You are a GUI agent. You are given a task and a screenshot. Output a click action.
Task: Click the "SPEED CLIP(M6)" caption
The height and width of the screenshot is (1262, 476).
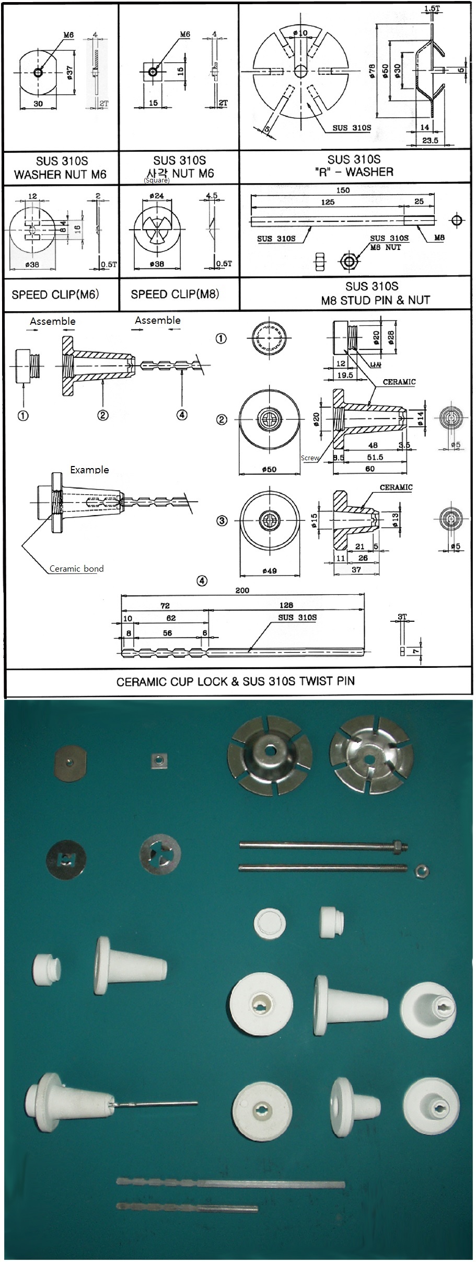point(55,294)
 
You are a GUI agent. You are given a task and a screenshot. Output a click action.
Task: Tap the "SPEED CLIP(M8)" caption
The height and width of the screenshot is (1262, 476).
point(175,294)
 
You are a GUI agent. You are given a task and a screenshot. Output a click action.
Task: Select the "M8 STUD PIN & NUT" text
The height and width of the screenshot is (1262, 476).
point(375,300)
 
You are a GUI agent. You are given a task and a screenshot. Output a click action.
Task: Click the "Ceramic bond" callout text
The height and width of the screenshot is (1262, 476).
point(76,569)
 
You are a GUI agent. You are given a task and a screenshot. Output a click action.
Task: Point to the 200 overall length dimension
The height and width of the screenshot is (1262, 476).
point(242,590)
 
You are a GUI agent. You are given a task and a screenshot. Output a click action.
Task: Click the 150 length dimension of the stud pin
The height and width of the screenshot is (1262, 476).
point(343,190)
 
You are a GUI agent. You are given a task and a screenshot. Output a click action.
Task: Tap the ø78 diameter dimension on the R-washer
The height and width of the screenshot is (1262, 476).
point(372,71)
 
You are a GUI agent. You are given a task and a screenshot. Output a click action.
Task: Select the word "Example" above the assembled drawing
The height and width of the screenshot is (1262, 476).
point(89,469)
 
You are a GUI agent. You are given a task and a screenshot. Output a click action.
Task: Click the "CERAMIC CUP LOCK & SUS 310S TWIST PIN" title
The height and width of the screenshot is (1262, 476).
point(235,681)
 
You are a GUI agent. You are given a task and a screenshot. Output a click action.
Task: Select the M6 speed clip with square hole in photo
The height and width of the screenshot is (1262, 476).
point(66,859)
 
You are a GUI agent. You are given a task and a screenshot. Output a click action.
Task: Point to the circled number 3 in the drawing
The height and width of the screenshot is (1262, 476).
point(222,521)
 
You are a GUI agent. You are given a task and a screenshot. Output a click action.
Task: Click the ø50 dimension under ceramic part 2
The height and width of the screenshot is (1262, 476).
point(269,469)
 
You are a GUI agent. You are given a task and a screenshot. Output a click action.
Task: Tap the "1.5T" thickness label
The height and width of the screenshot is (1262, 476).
point(432,9)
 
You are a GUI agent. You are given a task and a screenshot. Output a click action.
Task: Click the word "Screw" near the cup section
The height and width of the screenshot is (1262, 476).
point(310,458)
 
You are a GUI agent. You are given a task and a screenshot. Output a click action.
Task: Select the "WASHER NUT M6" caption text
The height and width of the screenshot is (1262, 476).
point(60,175)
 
